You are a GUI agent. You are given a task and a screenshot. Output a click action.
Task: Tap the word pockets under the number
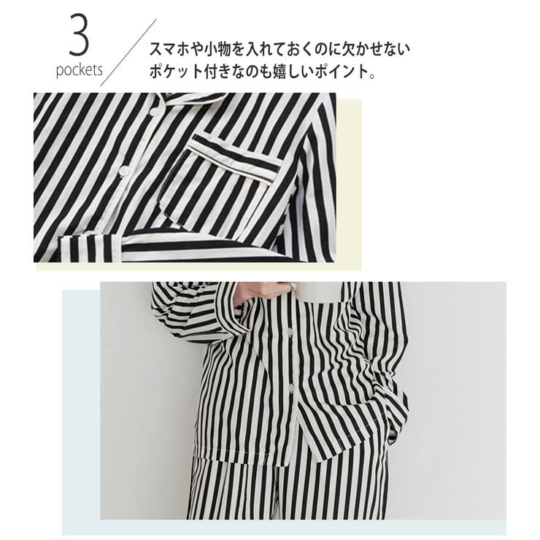[79, 72]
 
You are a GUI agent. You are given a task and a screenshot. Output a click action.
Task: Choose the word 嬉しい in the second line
[298, 74]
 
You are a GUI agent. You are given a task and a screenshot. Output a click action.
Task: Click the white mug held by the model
[322, 291]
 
